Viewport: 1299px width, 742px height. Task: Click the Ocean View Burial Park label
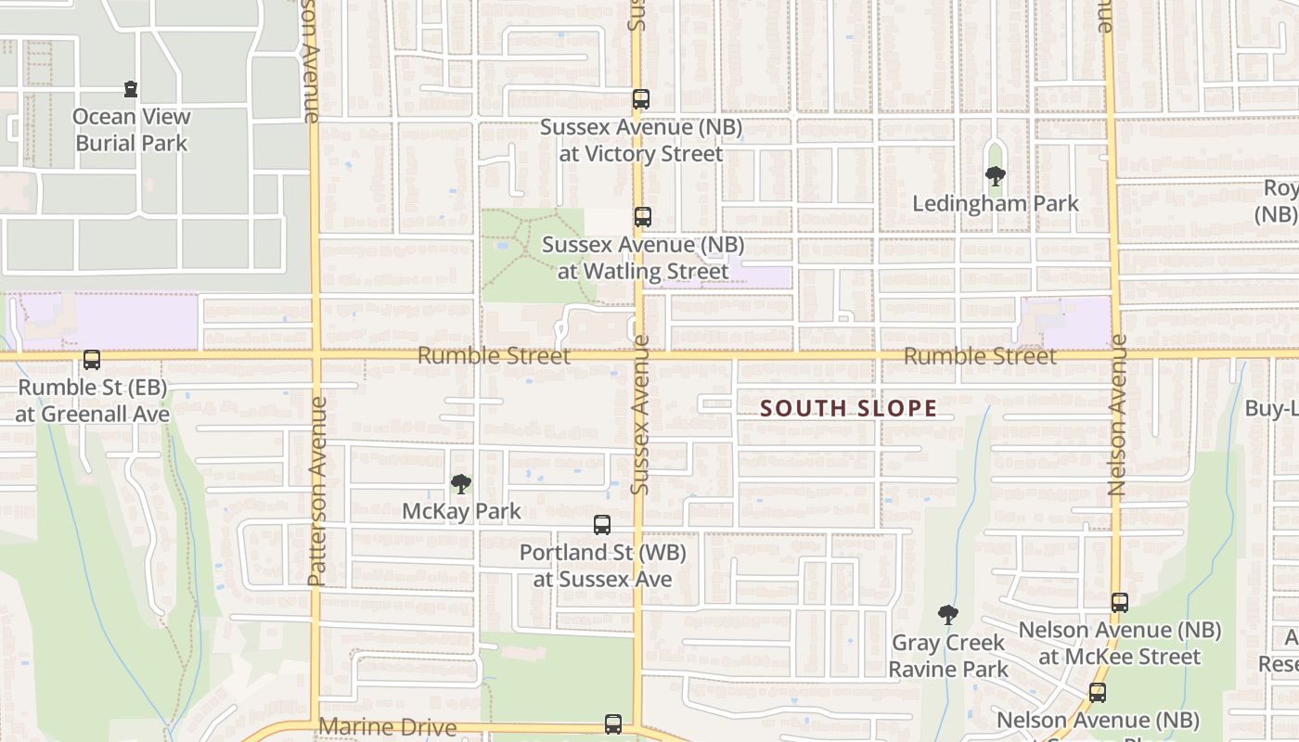click(132, 130)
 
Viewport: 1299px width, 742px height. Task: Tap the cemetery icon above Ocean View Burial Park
click(131, 90)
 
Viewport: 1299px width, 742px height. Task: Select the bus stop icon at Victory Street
click(640, 99)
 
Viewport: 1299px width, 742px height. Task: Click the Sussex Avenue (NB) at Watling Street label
click(642, 259)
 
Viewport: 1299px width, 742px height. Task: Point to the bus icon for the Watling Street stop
click(642, 218)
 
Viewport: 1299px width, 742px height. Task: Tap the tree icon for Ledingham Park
click(996, 175)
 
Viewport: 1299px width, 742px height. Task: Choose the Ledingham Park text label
click(996, 204)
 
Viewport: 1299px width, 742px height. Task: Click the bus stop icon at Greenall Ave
click(91, 360)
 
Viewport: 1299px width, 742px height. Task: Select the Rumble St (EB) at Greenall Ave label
click(92, 401)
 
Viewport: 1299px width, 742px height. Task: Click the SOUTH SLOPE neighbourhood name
click(848, 408)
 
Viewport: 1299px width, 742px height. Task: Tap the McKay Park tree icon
click(460, 483)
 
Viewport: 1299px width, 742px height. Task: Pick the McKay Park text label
click(461, 511)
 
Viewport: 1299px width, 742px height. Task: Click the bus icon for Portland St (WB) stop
click(601, 525)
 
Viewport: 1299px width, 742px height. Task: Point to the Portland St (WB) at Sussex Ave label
click(602, 566)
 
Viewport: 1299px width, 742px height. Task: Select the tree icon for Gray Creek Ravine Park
click(947, 614)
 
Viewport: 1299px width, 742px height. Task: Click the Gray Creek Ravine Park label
click(948, 656)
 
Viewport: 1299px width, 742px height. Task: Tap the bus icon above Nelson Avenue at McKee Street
click(1120, 603)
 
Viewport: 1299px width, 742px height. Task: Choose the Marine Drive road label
click(388, 727)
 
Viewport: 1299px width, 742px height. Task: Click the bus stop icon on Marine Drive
click(612, 724)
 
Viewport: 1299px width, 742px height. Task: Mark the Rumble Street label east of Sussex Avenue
click(980, 356)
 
